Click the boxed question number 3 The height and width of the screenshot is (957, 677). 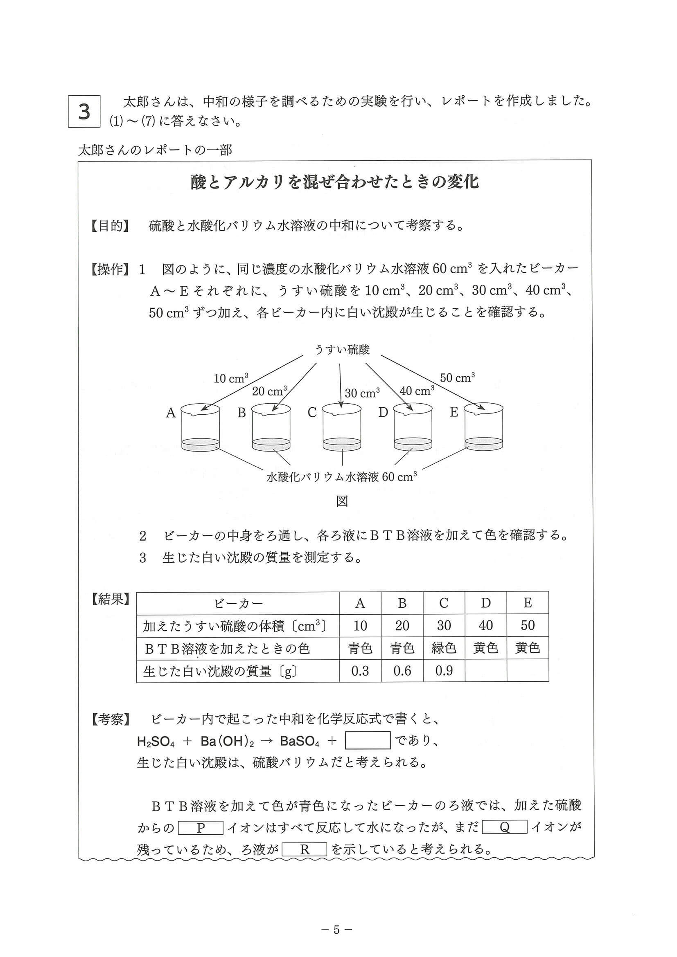(84, 111)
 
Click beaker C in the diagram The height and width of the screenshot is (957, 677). (342, 427)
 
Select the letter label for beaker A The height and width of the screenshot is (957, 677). (171, 413)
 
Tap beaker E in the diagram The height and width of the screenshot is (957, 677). (484, 427)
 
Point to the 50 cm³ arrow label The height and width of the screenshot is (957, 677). (457, 377)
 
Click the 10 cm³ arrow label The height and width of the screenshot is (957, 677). (231, 378)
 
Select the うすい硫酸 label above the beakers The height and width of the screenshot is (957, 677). (342, 349)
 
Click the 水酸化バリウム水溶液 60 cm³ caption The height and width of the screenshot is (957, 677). (342, 476)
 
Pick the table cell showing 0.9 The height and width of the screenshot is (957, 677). (443, 671)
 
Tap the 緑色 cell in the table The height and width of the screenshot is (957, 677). (443, 648)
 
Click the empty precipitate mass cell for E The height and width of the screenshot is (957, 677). (527, 671)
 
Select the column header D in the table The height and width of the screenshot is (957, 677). (485, 603)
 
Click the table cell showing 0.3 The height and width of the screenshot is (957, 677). (359, 671)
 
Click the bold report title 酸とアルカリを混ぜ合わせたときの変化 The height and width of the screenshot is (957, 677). (334, 182)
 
